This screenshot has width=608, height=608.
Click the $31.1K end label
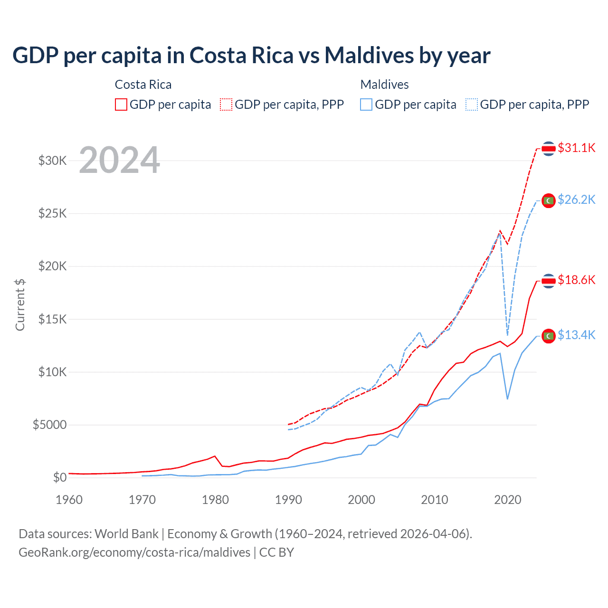(x=576, y=148)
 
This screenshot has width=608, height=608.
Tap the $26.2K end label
(x=576, y=200)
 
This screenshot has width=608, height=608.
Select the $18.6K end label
(x=576, y=280)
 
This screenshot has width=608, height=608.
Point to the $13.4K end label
(x=576, y=335)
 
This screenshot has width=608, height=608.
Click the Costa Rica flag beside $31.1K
(x=549, y=149)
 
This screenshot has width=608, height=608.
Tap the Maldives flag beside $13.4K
(x=549, y=336)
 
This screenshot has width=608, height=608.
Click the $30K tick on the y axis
(x=53, y=161)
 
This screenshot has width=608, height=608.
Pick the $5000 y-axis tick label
(x=49, y=425)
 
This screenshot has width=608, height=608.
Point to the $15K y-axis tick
(x=53, y=319)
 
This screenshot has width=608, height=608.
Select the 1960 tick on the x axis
(x=69, y=500)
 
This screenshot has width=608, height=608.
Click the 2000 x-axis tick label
(x=361, y=500)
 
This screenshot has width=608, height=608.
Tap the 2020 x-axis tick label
(x=508, y=500)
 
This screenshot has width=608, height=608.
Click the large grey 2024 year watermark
(x=119, y=160)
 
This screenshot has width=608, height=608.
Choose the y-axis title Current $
(x=20, y=304)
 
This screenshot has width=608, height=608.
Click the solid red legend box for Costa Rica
(x=121, y=104)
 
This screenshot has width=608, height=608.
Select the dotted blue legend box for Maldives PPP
(x=472, y=104)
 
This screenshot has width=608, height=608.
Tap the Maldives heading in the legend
(x=384, y=85)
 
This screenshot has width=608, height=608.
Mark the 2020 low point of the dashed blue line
(x=507, y=335)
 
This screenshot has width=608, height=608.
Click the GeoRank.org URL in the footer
(x=134, y=552)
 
